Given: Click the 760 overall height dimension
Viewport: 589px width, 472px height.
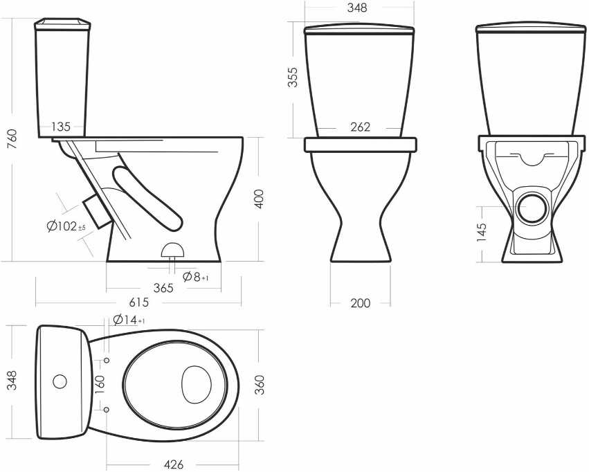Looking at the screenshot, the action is tap(12, 139).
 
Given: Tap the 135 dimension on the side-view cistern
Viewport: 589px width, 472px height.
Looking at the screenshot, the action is tap(61, 127).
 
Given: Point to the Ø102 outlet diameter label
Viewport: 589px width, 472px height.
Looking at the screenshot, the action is tap(66, 226).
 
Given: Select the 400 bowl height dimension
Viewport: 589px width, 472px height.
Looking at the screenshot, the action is tap(259, 199).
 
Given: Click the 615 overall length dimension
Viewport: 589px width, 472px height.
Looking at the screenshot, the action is tap(139, 302).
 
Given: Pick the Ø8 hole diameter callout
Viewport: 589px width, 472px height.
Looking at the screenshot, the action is tap(195, 277).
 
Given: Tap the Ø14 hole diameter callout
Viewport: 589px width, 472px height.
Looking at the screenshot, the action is tap(129, 320).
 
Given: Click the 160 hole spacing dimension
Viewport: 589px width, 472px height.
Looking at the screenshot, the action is tap(100, 384).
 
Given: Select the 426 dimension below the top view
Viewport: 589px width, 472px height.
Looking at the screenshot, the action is tap(174, 464).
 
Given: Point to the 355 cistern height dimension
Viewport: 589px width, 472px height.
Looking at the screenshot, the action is tap(292, 77).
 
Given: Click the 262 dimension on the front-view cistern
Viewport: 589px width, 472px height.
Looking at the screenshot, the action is tap(360, 127).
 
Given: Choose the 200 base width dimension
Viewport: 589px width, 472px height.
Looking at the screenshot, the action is tap(360, 303).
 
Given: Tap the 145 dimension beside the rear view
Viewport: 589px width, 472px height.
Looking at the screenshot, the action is tap(482, 232).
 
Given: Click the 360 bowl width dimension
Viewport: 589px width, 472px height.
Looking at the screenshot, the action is tap(259, 385).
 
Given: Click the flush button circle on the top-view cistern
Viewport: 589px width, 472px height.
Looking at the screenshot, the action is tap(60, 381).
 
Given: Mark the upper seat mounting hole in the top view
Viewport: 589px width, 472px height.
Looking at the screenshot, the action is tap(107, 360).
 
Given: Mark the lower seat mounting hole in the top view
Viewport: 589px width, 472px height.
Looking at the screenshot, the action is tap(107, 409).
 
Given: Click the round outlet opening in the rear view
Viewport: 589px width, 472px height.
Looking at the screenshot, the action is tap(532, 209).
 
